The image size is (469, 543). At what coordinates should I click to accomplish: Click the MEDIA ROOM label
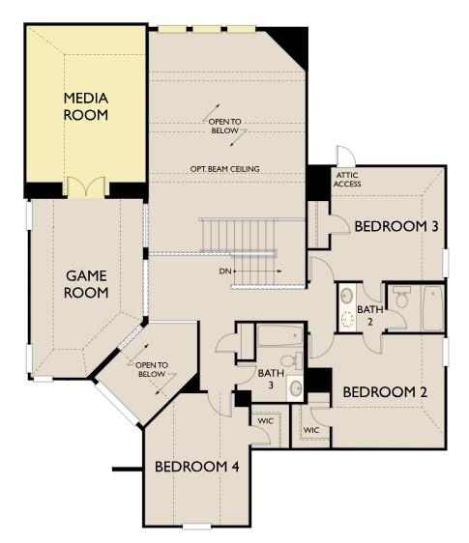(86, 106)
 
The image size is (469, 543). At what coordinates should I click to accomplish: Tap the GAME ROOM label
(87, 284)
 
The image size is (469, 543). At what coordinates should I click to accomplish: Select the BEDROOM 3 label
(396, 226)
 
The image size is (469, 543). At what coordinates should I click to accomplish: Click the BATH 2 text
(369, 315)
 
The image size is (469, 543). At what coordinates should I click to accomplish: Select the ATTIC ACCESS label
(346, 180)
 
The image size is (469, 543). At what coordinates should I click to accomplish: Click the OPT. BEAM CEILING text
(224, 169)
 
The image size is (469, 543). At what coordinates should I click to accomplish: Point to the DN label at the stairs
(226, 271)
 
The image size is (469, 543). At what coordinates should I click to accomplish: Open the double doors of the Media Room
(87, 187)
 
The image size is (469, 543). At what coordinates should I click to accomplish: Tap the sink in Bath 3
(296, 388)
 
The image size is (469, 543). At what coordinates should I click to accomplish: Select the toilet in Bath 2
(402, 300)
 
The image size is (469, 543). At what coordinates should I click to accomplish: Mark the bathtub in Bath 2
(432, 307)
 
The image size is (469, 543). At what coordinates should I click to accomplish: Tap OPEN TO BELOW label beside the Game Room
(152, 368)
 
